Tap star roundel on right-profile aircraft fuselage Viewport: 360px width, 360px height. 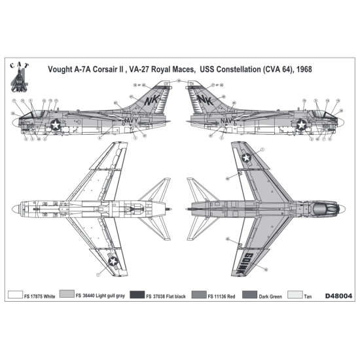click(x=302, y=124)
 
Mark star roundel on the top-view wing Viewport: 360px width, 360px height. click(x=246, y=157)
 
